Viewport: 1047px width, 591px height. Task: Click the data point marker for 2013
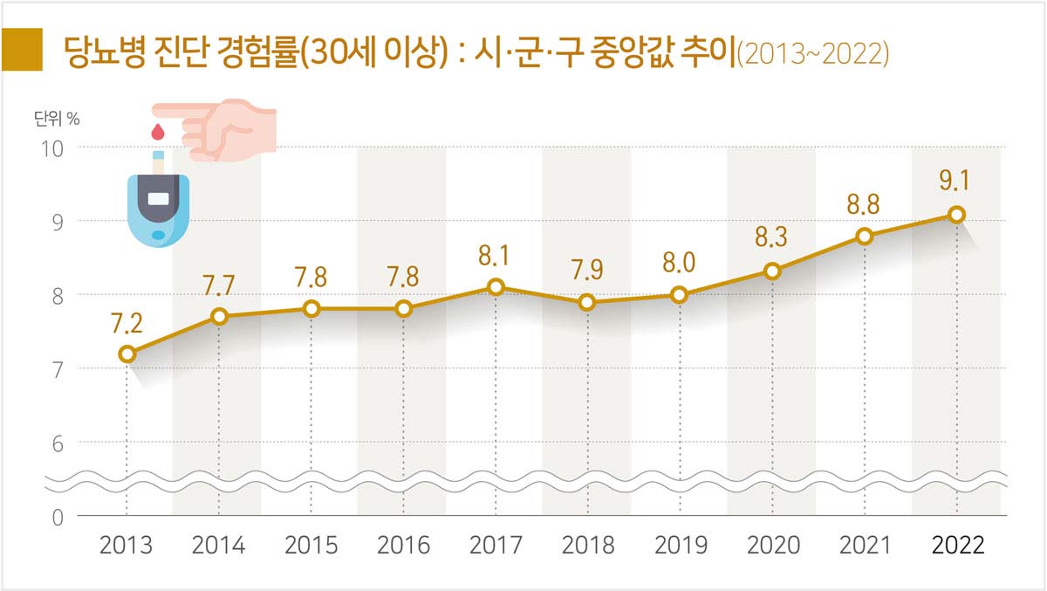[127, 354]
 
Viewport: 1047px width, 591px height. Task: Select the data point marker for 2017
[496, 287]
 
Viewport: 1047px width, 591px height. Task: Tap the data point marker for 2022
[957, 214]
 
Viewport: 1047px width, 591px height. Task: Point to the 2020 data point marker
[772, 271]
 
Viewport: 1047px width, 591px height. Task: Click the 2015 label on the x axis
[311, 546]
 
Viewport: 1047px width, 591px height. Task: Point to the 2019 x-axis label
[681, 546]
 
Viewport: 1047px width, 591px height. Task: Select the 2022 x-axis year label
[957, 546]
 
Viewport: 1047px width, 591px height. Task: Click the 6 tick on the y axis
[56, 443]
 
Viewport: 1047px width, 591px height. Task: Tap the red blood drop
[158, 132]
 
